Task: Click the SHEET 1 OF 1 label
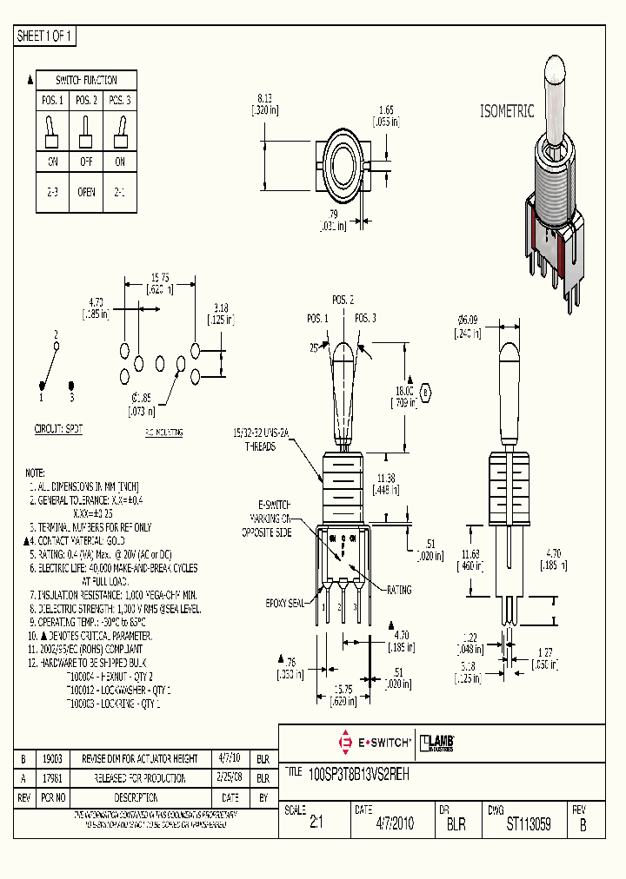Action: [x=46, y=36]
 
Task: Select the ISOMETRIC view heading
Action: [x=509, y=111]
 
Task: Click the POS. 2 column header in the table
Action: [x=86, y=101]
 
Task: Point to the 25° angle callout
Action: [x=313, y=347]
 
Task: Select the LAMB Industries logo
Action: [x=437, y=743]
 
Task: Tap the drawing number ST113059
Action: [x=529, y=825]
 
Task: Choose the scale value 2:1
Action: [x=316, y=825]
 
